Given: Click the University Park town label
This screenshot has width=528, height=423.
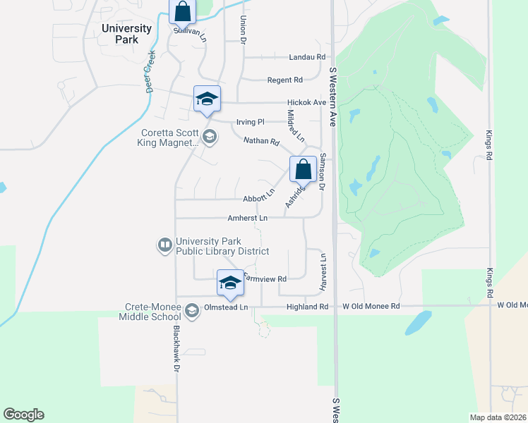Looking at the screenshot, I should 126,34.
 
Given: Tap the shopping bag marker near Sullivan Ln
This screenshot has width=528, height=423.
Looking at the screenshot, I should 182,12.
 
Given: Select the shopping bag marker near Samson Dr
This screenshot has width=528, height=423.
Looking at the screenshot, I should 303,170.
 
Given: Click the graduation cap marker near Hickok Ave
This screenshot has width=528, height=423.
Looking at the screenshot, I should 207,99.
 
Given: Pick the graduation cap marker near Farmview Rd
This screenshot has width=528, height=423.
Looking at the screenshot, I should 230,283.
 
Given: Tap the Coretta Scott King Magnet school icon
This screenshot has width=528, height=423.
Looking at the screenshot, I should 209,136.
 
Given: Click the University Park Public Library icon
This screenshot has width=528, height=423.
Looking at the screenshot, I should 164,245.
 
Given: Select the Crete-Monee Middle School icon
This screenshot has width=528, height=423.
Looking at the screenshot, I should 191,310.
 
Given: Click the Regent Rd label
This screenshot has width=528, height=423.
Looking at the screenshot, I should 284,80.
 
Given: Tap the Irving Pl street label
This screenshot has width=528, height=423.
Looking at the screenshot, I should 250,121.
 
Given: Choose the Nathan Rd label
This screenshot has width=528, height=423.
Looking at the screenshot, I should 261,142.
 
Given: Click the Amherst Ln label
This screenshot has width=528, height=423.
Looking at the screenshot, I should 247,219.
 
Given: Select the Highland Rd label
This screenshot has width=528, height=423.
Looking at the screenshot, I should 308,307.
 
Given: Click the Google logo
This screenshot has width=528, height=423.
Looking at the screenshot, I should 23,415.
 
